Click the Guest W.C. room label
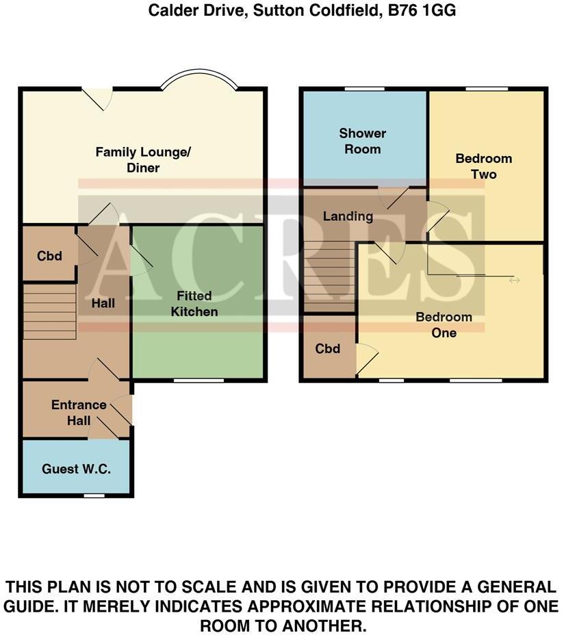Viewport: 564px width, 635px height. click(76, 469)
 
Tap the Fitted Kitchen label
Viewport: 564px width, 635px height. click(194, 304)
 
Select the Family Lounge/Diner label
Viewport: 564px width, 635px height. click(143, 159)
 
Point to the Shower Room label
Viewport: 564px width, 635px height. click(363, 141)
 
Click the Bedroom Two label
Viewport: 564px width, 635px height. click(484, 166)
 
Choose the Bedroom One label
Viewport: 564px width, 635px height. click(444, 325)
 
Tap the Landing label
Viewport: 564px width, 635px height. click(348, 216)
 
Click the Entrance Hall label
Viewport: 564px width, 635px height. click(79, 413)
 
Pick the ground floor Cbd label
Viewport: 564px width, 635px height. click(49, 256)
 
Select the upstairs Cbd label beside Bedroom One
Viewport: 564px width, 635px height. click(328, 349)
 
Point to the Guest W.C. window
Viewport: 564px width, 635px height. click(94, 495)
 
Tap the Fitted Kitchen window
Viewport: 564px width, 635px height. click(198, 380)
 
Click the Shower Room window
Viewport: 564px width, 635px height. click(363, 88)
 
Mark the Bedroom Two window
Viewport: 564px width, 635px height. click(487, 88)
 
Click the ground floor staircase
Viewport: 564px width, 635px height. click(49, 311)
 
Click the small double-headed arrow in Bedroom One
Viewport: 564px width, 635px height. click(514, 281)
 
